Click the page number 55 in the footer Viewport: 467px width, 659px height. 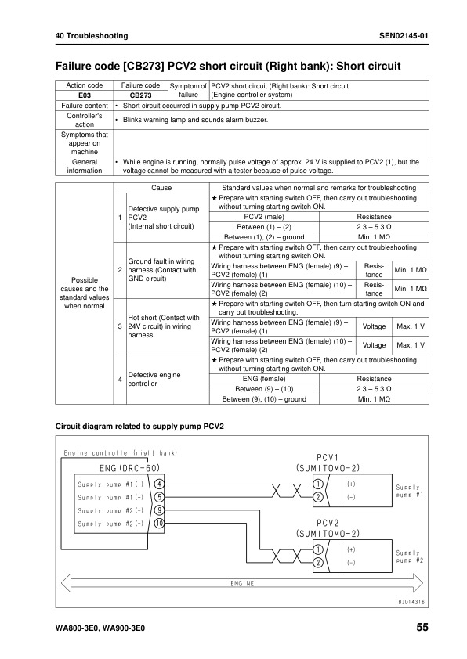422,628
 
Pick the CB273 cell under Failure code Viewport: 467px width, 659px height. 140,95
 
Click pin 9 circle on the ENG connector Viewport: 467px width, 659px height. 159,510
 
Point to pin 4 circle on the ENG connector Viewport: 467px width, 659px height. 159,484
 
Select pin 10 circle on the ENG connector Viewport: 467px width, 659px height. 159,522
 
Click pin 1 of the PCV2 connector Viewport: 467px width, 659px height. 318,549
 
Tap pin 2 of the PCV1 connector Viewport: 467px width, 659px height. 318,496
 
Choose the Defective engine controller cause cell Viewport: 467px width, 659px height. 154,380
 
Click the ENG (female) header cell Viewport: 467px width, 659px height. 264,377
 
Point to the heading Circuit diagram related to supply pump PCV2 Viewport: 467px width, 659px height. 139,427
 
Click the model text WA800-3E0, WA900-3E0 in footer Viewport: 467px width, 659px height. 100,628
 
